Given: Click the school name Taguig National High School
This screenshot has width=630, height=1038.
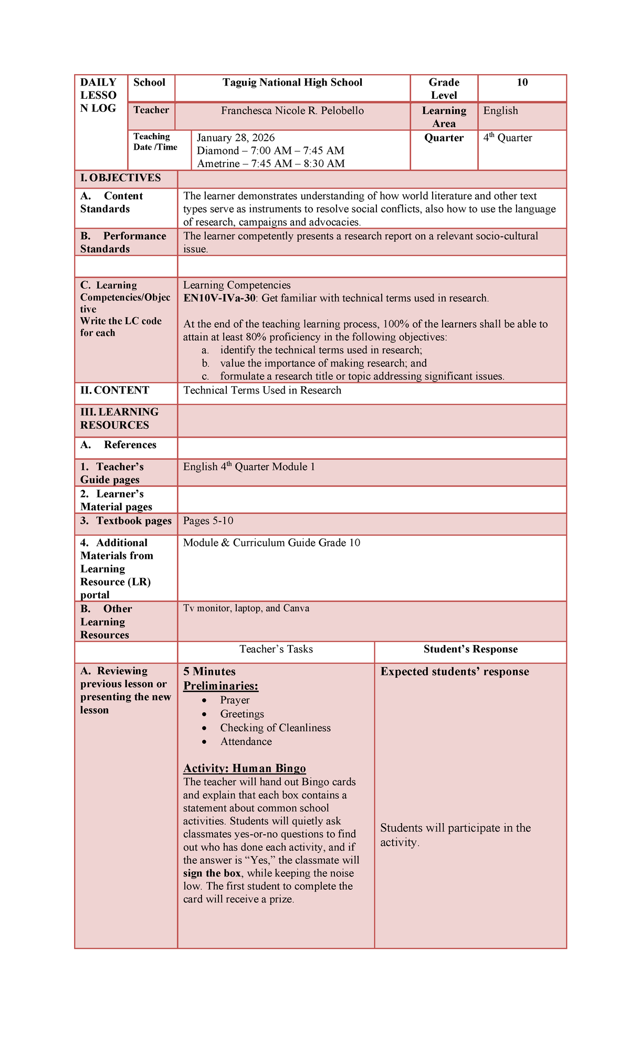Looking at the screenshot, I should pyautogui.click(x=292, y=82).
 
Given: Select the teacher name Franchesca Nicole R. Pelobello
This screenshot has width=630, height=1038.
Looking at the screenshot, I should pyautogui.click(x=292, y=111).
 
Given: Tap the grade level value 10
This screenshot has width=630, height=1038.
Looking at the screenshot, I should pyautogui.click(x=522, y=82).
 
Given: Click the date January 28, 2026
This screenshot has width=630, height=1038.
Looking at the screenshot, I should pyautogui.click(x=236, y=138).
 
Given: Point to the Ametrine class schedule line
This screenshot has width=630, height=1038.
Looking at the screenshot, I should pyautogui.click(x=270, y=163).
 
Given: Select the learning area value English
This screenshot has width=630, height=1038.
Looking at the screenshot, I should pyautogui.click(x=500, y=111).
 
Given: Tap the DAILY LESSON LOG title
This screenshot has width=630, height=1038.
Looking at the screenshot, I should pyautogui.click(x=98, y=95).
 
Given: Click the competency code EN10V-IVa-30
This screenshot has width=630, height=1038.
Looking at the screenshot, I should pyautogui.click(x=219, y=298).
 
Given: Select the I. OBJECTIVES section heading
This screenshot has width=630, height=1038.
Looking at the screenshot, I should pyautogui.click(x=120, y=178).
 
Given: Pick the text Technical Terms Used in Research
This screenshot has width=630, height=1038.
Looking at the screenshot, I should pyautogui.click(x=262, y=390).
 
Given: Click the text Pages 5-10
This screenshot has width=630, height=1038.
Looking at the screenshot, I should pyautogui.click(x=208, y=521).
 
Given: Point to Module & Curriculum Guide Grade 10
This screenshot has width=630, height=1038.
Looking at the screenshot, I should pyautogui.click(x=271, y=543).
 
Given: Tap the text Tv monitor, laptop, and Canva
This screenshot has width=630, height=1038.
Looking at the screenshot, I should pyautogui.click(x=246, y=608).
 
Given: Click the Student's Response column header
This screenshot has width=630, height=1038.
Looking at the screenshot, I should pyautogui.click(x=470, y=649).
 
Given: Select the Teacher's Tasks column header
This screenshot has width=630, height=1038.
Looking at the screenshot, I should pyautogui.click(x=276, y=649).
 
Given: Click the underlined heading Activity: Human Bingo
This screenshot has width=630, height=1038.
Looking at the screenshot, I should pyautogui.click(x=244, y=769).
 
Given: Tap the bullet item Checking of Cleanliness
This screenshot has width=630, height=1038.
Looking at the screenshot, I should pyautogui.click(x=275, y=728).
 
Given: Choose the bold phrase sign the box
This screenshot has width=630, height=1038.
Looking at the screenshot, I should pyautogui.click(x=212, y=874).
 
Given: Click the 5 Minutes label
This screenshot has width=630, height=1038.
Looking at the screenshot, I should pyautogui.click(x=209, y=672).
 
